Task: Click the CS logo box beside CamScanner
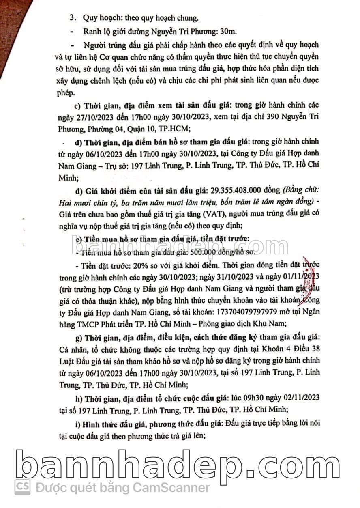point(23,486)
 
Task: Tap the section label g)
point(78,338)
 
